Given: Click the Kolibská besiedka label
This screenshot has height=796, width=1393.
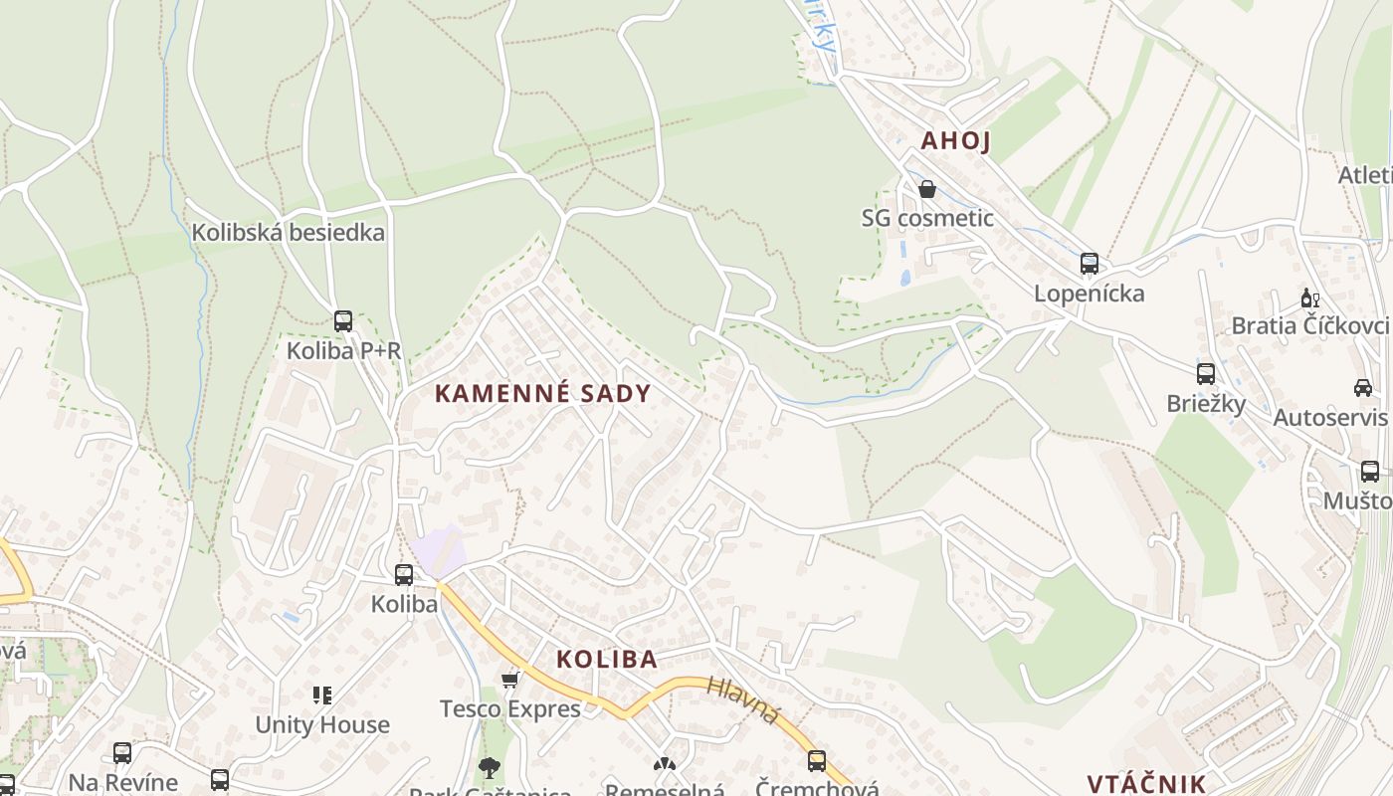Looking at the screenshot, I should [288, 233].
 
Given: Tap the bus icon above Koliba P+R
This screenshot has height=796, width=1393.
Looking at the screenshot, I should [343, 321].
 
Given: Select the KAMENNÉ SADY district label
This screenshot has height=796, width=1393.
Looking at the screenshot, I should [542, 393].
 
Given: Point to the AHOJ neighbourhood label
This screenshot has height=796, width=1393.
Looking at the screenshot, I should [955, 140].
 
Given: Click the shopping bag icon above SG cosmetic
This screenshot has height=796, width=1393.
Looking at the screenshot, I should [927, 189].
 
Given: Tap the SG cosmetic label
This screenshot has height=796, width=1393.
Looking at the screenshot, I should [927, 218].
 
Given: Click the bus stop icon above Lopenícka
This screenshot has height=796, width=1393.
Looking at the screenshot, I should [1090, 264].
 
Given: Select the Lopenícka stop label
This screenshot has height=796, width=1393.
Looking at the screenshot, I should [1089, 294].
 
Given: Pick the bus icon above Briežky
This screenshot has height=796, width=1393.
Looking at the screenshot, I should [1206, 374].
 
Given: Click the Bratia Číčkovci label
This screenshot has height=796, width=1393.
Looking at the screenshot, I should [1309, 325].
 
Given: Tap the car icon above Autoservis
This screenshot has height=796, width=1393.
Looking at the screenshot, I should [1362, 387].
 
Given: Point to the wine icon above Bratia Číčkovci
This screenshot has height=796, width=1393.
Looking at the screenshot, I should [1310, 298].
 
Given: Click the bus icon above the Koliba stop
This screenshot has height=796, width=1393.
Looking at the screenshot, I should [404, 574].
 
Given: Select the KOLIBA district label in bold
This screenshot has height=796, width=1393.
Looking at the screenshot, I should [607, 659].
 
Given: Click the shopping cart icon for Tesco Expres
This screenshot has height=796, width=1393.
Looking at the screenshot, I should [510, 680].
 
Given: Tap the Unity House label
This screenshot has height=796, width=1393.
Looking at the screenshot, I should [322, 724].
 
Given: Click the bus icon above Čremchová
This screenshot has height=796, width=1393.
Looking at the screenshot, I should [817, 761].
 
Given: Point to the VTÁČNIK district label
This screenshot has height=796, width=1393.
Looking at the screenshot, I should [1146, 783].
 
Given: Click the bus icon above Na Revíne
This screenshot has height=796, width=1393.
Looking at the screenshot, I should [122, 753].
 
